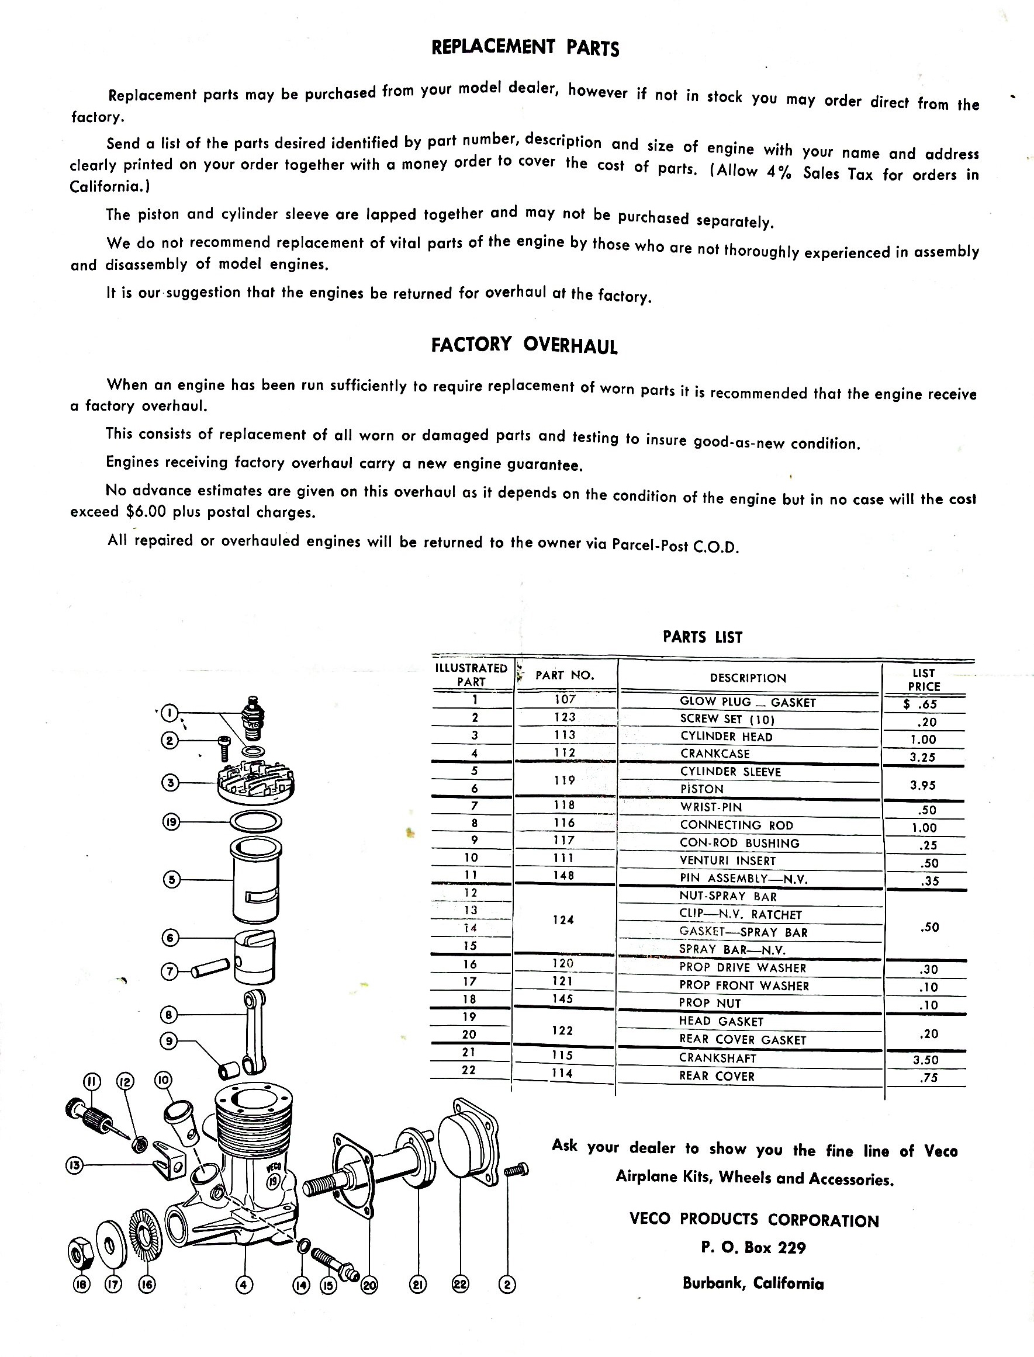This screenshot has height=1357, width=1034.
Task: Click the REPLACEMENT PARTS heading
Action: click(525, 47)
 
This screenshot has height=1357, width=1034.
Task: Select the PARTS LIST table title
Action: click(702, 637)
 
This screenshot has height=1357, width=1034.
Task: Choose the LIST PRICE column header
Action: click(924, 680)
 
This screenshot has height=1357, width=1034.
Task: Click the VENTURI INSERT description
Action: click(728, 860)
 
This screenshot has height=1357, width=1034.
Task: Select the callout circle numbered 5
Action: click(172, 880)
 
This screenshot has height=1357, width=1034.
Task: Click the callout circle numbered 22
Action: click(461, 1284)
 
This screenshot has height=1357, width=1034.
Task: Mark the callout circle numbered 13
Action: click(74, 1165)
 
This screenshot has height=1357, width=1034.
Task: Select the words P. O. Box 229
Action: click(753, 1248)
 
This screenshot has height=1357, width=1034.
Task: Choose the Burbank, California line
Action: click(753, 1283)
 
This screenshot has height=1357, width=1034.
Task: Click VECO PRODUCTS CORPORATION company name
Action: click(754, 1220)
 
